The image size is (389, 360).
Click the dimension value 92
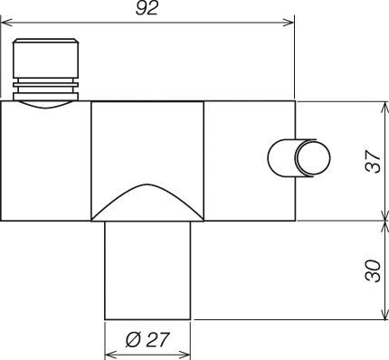pos(147,8)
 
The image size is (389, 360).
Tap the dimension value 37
pos(373,161)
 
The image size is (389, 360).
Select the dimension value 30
pos(373,270)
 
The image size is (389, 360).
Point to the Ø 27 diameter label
pos(147,340)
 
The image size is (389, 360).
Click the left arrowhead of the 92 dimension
pos(6,23)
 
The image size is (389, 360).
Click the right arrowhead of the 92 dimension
pos(289,23)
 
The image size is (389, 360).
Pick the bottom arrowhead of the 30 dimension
pos(384,314)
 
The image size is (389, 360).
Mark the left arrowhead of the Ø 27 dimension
pos(110,355)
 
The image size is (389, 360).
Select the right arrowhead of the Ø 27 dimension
pos(185,355)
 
